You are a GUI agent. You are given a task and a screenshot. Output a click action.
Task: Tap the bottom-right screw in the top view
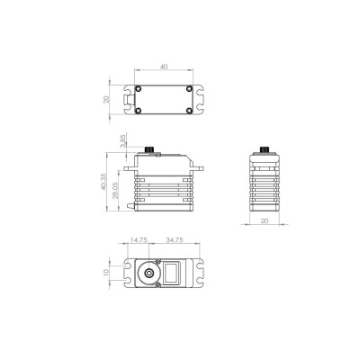(x=186, y=111)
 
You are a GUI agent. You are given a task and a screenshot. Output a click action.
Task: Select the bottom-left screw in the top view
(x=140, y=111)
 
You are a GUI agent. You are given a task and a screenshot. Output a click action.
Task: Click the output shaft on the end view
(x=265, y=148)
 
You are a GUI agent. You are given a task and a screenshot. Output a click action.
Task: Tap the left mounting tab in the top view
(x=125, y=101)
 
